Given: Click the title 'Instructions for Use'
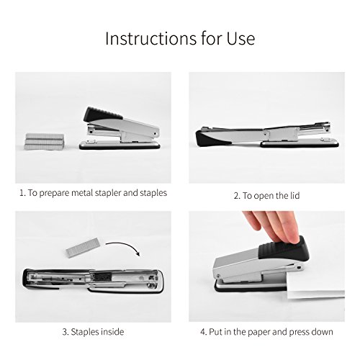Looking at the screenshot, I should (179, 38).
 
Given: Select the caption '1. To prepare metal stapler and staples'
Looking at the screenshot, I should (93, 193).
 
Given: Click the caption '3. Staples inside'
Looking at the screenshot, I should (93, 331).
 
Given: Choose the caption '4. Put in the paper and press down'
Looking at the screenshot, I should (266, 331).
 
